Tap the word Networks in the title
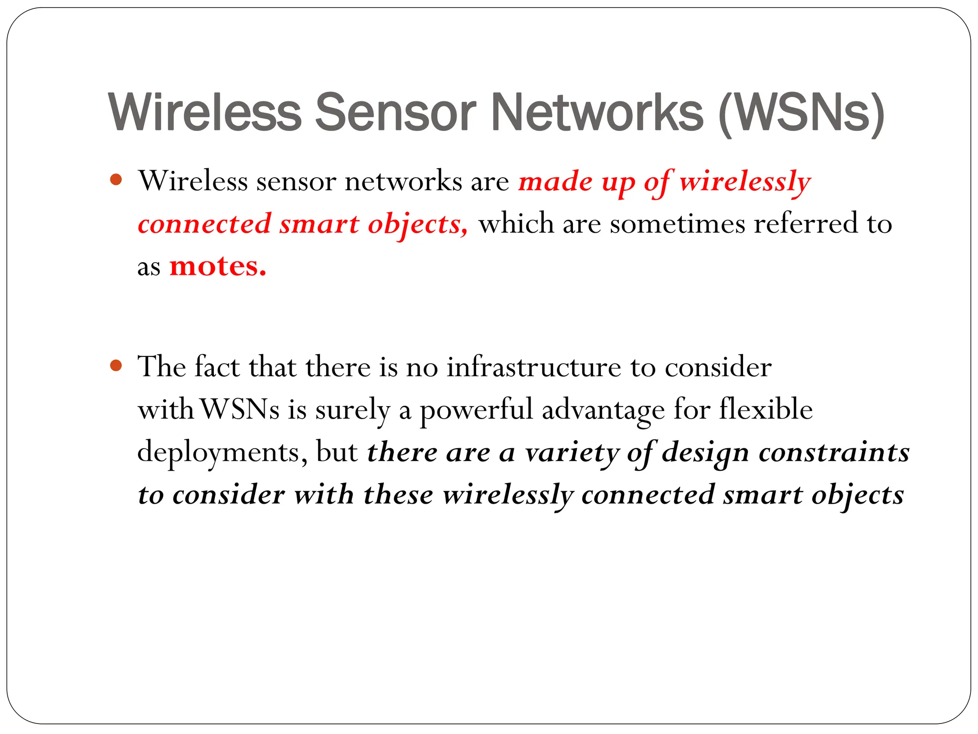[597, 112]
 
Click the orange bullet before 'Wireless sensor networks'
[116, 180]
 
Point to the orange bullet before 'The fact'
[116, 366]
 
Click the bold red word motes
[218, 266]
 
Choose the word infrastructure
[534, 367]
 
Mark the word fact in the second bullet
[217, 367]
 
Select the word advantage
[603, 410]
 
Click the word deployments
[223, 452]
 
